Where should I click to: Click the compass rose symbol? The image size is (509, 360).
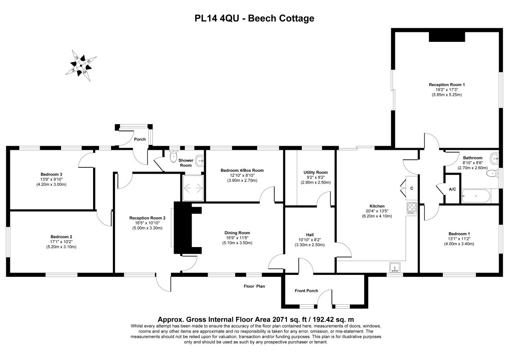pyautogui.click(x=81, y=66)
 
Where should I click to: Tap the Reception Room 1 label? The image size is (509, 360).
pyautogui.click(x=446, y=85)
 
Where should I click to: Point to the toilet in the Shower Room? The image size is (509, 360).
pyautogui.click(x=174, y=155)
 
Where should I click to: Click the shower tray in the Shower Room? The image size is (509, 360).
pyautogui.click(x=193, y=188)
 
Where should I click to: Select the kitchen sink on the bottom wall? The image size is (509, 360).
pyautogui.click(x=395, y=268)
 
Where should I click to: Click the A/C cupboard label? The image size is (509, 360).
pyautogui.click(x=452, y=189)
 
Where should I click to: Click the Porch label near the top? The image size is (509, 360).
pyautogui.click(x=140, y=139)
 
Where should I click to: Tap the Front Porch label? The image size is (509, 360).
pyautogui.click(x=306, y=291)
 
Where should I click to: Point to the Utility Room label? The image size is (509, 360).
pyautogui.click(x=315, y=172)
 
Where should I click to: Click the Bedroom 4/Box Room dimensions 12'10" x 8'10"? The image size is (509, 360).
pyautogui.click(x=242, y=175)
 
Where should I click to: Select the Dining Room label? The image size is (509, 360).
pyautogui.click(x=237, y=233)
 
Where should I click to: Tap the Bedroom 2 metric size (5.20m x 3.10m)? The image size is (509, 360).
pyautogui.click(x=62, y=247)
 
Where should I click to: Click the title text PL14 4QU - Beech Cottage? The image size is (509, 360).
pyautogui.click(x=254, y=18)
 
